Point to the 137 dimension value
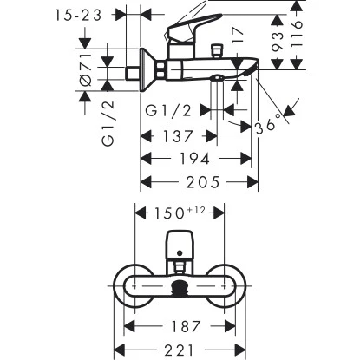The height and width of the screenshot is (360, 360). [x=179, y=135]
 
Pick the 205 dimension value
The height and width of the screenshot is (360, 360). [x=200, y=181]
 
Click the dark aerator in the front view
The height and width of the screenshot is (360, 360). [x=180, y=286]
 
